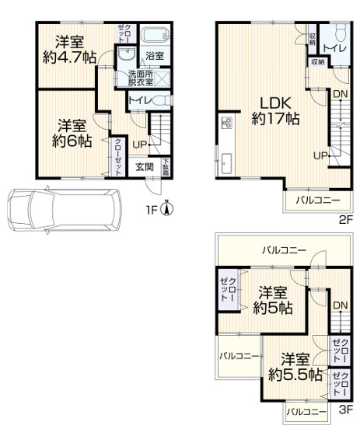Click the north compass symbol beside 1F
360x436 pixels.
click(167, 209)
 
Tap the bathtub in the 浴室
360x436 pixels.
click(155, 35)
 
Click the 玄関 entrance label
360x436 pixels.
click(145, 167)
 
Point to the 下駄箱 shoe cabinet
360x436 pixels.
click(166, 167)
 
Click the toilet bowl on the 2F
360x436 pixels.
click(341, 33)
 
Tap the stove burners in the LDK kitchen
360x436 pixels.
click(227, 122)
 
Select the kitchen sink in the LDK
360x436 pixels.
click(225, 163)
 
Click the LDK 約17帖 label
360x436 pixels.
click(275, 111)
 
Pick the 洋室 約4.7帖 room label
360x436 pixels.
click(69, 50)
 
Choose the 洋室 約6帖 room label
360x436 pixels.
click(72, 134)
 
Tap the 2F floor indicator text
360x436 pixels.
click(346, 220)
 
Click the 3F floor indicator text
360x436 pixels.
click(346, 410)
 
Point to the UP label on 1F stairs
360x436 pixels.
click(139, 145)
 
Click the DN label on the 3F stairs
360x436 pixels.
click(341, 305)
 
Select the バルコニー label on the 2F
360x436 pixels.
click(317, 201)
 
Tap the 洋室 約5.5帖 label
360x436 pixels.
click(295, 368)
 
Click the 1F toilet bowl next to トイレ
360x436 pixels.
click(162, 100)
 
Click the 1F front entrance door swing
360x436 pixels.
click(152, 187)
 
